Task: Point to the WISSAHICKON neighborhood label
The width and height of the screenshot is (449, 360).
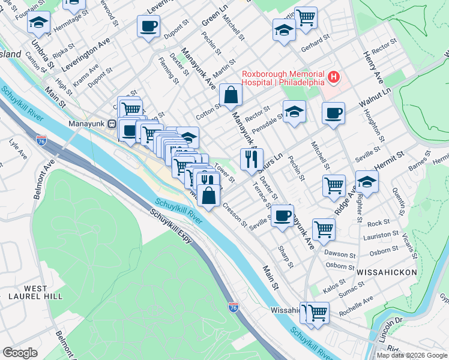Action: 387,272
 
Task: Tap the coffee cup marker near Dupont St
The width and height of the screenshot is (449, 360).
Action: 148,26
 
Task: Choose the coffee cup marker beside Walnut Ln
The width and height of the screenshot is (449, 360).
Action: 333,113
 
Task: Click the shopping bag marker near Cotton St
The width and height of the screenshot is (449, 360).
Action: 231,94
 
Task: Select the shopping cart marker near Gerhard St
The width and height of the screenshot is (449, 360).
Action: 306,17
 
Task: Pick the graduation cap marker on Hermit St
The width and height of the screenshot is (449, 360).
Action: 366,181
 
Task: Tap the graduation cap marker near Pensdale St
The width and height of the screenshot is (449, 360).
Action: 294,112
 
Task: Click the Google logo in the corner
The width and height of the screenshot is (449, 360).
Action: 20,353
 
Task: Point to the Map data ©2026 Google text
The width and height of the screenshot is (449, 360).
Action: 412,355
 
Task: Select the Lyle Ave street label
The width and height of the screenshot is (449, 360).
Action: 18,149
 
